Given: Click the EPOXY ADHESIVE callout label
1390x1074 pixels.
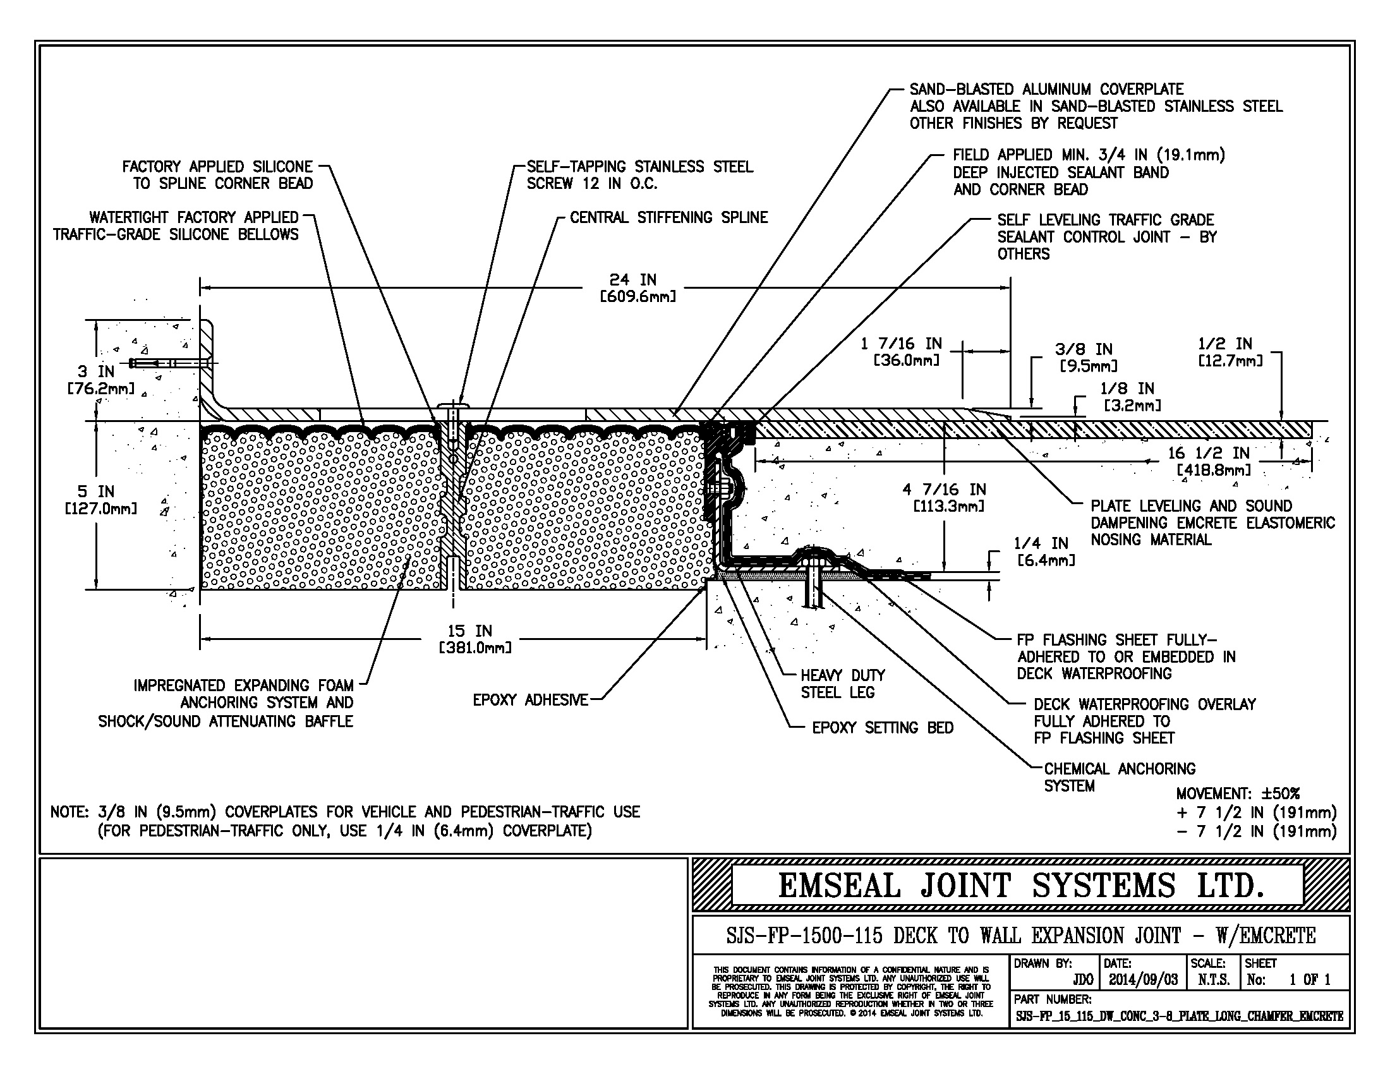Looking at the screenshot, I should click(530, 700).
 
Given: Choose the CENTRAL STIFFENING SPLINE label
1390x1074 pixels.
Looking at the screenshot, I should click(668, 217).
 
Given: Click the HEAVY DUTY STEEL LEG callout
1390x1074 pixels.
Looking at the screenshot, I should click(842, 684).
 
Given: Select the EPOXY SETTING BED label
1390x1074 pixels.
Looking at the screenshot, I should click(882, 727).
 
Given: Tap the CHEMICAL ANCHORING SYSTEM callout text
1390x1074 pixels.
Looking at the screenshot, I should click(1119, 777).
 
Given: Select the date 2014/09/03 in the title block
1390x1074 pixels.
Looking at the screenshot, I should click(1142, 980).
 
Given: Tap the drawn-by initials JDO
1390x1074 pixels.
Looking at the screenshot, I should click(1082, 980).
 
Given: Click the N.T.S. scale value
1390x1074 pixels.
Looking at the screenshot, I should click(1213, 980).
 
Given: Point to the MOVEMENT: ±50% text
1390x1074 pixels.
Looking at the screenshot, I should click(1237, 793).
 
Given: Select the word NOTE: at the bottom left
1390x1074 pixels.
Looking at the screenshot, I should click(69, 812).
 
